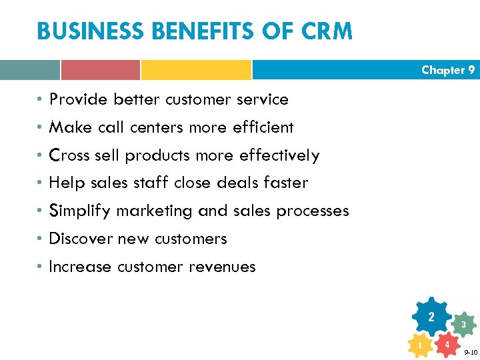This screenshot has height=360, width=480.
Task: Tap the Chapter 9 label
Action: point(448,70)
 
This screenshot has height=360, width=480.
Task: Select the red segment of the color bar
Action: point(101,70)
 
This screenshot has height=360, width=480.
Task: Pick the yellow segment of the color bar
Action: point(196,70)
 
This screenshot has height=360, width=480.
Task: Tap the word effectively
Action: point(279,155)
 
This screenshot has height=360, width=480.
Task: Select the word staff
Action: point(151,183)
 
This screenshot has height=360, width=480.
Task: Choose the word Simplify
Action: point(81,211)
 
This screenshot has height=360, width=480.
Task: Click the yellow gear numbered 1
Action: point(419,345)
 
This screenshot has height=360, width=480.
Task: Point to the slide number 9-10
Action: point(470,352)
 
